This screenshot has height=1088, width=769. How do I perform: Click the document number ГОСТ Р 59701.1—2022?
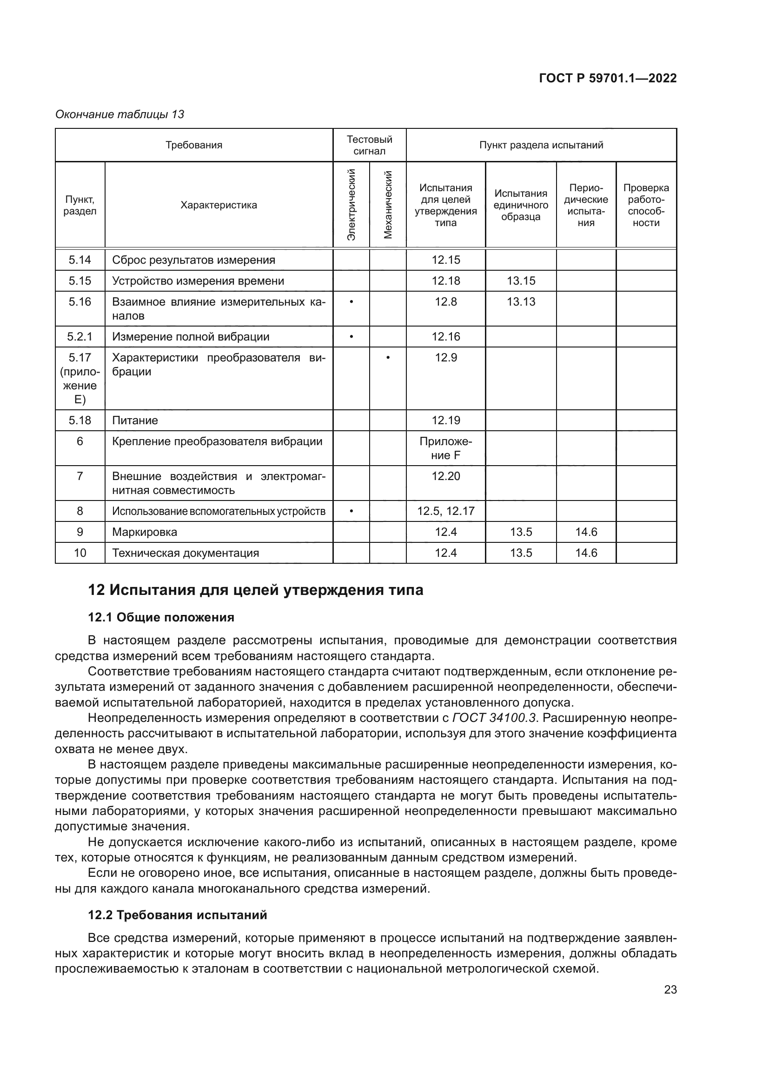(608, 78)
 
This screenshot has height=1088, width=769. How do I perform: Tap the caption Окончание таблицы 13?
(120, 114)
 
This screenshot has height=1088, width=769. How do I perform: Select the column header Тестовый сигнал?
(369, 145)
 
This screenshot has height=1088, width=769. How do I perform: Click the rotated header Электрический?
(351, 204)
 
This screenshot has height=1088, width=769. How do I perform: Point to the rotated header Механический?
(388, 204)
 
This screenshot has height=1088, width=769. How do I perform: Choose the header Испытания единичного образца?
(520, 205)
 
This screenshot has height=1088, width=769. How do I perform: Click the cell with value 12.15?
(445, 260)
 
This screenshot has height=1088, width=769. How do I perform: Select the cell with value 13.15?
(521, 280)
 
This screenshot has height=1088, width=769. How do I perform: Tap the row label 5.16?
(80, 302)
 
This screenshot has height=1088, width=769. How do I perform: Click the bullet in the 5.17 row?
(388, 358)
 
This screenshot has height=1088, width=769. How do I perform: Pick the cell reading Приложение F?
(445, 448)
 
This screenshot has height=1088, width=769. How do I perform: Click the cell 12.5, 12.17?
(445, 511)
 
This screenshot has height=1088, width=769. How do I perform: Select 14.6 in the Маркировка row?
(586, 532)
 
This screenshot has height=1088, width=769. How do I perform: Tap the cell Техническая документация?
(185, 553)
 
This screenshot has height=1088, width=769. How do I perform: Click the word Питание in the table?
(135, 421)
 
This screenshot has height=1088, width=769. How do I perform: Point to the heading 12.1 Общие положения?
(161, 617)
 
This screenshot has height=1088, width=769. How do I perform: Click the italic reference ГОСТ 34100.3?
(494, 718)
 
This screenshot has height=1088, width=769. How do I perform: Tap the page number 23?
(670, 989)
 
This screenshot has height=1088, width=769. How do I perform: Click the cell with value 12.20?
(445, 476)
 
